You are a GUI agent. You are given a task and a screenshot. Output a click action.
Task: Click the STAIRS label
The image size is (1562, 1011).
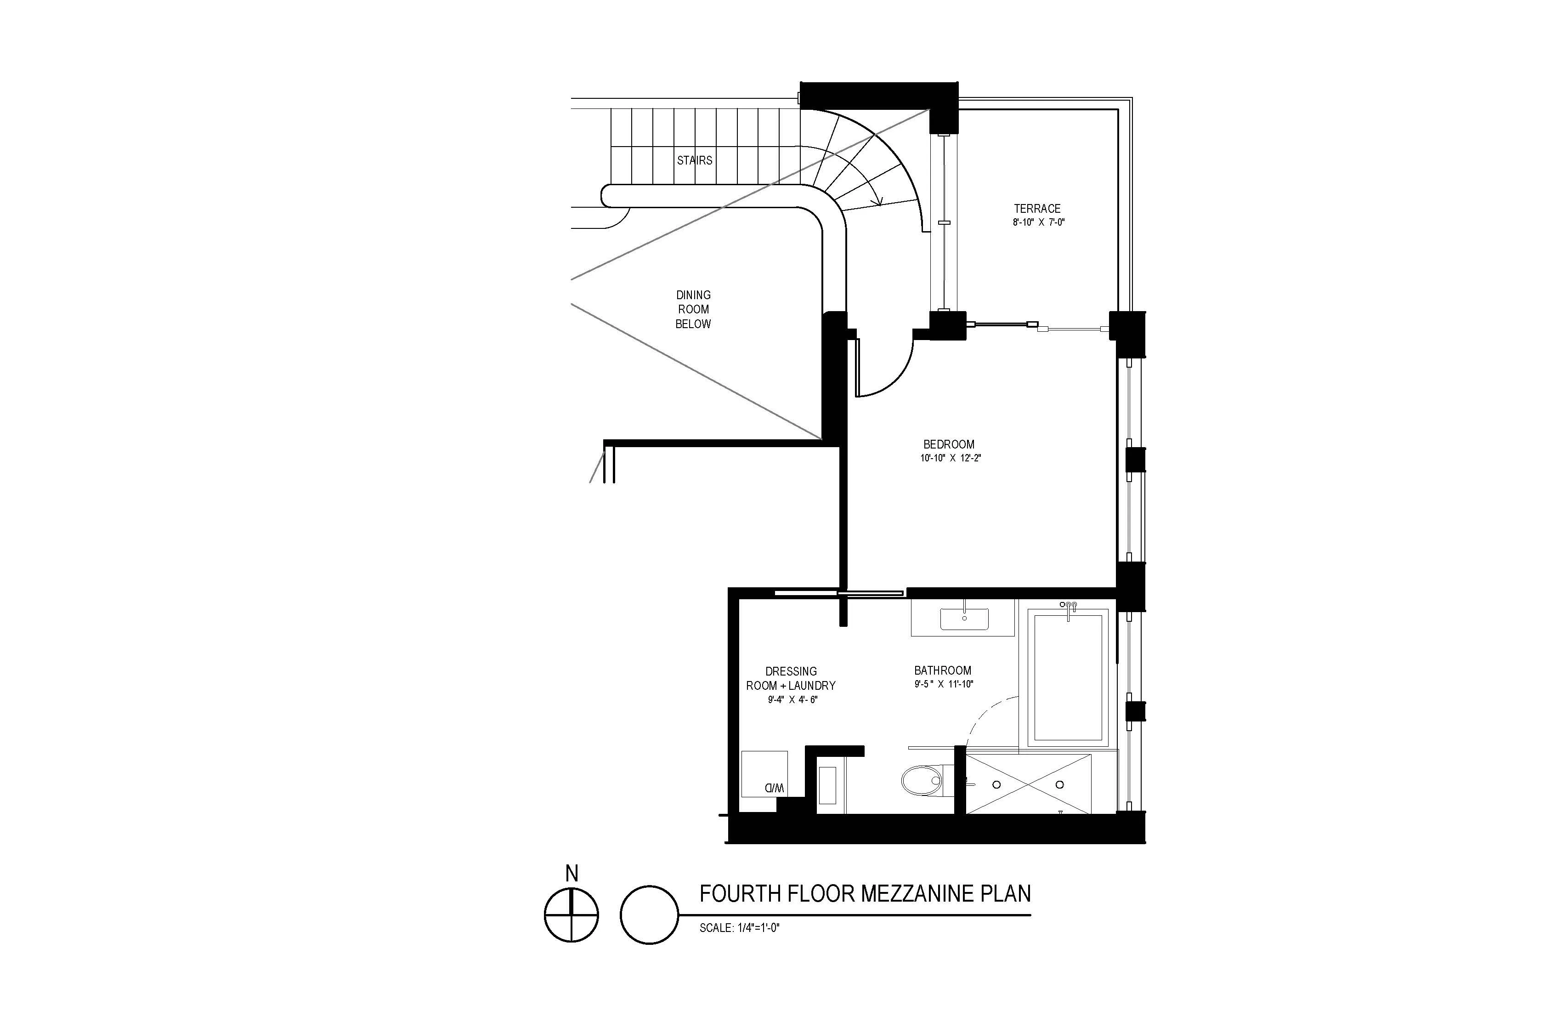(x=694, y=160)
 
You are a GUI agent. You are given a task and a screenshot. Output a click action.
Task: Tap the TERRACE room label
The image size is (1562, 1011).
(x=1037, y=209)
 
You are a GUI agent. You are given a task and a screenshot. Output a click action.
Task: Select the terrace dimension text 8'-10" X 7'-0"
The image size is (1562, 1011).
(x=1038, y=222)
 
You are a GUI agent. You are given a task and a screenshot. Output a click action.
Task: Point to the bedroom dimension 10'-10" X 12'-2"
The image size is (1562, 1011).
(x=950, y=458)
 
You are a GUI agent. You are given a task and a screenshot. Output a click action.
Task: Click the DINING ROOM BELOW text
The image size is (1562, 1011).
(x=693, y=309)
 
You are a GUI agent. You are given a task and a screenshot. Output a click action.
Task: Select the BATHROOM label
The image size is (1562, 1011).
(x=942, y=670)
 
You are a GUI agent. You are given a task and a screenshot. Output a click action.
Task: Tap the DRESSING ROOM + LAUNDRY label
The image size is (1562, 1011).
(x=791, y=678)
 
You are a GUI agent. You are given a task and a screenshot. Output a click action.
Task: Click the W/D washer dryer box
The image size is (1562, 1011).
(x=764, y=774)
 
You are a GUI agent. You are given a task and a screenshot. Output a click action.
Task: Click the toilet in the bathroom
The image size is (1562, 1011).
(x=922, y=781)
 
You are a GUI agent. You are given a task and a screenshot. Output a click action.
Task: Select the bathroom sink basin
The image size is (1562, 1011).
(x=964, y=619)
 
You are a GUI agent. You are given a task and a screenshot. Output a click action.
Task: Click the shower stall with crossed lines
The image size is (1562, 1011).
(x=1029, y=784)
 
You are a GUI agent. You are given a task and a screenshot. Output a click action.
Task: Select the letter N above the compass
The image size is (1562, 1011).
(x=572, y=874)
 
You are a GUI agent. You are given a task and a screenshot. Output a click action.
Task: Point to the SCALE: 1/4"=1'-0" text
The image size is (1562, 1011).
(x=739, y=928)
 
